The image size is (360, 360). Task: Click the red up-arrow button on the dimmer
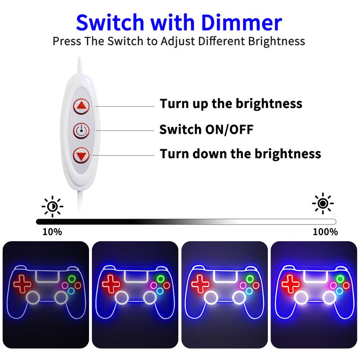click(81, 106)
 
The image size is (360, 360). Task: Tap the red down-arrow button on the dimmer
click(81, 156)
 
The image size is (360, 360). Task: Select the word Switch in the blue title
click(110, 22)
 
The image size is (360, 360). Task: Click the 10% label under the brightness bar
click(52, 232)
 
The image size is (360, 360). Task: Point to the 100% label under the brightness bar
click(325, 232)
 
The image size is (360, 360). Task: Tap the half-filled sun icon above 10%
click(52, 207)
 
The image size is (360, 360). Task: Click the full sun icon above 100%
click(323, 203)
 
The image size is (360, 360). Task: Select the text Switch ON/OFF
click(207, 129)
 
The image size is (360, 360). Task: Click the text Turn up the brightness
click(231, 104)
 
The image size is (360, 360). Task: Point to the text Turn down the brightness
click(240, 153)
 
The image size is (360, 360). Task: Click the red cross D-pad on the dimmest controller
click(22, 284)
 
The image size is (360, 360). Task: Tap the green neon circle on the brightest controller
click(340, 279)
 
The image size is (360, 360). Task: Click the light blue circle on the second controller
click(160, 291)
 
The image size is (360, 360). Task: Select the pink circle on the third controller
click(243, 286)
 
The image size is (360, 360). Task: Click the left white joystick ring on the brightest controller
click(301, 298)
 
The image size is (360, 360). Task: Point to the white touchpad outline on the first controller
click(48, 276)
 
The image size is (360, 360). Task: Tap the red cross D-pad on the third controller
click(200, 284)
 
